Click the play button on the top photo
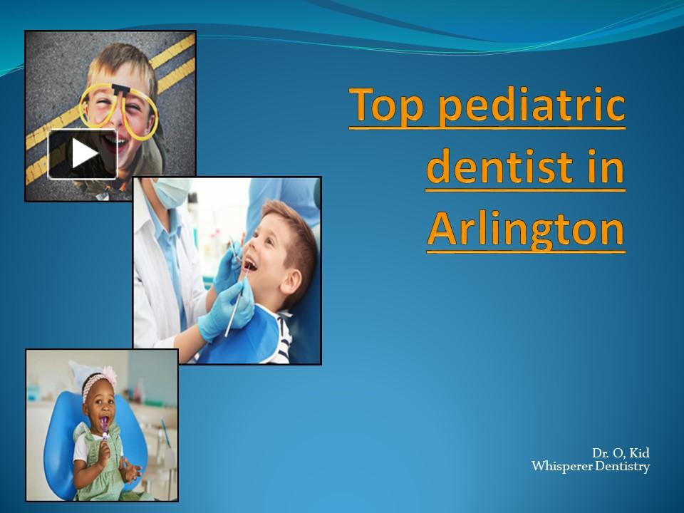click(x=83, y=154)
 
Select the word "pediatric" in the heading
click(x=531, y=105)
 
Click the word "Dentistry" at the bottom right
click(x=621, y=467)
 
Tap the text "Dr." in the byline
click(x=599, y=453)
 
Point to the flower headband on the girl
click(x=100, y=379)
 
